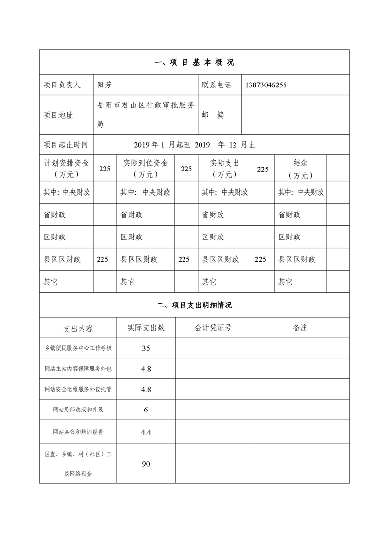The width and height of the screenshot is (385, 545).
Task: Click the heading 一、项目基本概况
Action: click(194, 62)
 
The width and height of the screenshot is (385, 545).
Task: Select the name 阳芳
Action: click(104, 85)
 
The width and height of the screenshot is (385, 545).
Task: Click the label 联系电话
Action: click(217, 85)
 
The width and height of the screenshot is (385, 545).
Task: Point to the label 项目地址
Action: click(58, 115)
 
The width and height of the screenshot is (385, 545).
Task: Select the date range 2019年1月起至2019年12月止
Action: click(194, 145)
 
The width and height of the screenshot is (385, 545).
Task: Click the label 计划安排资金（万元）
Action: click(66, 169)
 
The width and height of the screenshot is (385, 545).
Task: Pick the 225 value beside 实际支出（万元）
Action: click(263, 169)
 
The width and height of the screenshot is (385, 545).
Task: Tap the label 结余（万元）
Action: click(301, 169)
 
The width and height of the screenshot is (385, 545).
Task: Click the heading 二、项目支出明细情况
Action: click(194, 305)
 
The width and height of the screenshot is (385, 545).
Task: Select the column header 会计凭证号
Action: click(213, 328)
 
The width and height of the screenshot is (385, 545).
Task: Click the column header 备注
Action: click(300, 328)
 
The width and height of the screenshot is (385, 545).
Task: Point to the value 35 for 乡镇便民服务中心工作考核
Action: click(146, 348)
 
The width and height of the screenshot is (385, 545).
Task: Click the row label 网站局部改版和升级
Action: click(78, 409)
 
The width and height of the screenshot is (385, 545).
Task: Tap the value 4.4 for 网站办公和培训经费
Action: click(146, 431)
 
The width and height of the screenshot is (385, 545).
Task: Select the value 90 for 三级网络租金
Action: click(146, 464)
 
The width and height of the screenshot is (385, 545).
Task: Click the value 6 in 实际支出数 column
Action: click(146, 410)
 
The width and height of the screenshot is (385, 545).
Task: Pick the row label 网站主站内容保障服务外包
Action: click(78, 369)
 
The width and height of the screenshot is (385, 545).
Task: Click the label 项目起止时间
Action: click(66, 145)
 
